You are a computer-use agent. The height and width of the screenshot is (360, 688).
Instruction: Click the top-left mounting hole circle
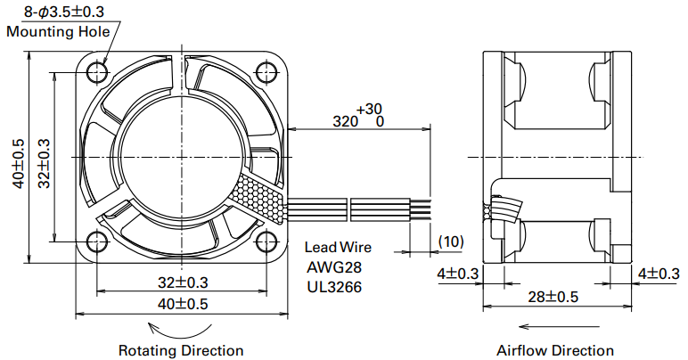[97, 72]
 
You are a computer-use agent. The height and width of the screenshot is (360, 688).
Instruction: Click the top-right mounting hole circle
[266, 72]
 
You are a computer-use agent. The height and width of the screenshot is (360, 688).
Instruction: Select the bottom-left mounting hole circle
[97, 241]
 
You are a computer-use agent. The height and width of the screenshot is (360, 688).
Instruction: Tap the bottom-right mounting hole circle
[266, 241]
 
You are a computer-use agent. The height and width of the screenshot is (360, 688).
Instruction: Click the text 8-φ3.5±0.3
[64, 12]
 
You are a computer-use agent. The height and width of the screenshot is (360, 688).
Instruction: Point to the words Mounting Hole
[58, 31]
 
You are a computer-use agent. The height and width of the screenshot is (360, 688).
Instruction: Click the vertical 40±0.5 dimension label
[19, 164]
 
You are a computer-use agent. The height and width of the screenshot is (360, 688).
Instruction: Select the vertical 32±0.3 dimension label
[44, 164]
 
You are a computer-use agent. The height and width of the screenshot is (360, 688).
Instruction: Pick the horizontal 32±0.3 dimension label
[183, 282]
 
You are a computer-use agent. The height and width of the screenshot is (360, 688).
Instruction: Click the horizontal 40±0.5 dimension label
[183, 304]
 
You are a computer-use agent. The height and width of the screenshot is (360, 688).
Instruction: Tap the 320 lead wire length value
[345, 121]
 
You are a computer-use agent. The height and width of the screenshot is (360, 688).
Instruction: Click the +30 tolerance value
[370, 109]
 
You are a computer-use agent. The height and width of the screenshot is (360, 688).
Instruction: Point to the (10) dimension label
[451, 241]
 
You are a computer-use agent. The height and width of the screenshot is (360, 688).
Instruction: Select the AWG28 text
[334, 267]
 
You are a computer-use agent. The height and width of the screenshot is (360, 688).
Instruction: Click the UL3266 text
[334, 287]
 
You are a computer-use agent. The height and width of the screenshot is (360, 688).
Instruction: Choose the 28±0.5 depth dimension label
[553, 297]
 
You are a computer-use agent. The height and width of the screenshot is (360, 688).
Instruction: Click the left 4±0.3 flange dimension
[458, 274]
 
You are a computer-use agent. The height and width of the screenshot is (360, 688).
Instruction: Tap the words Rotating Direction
[181, 350]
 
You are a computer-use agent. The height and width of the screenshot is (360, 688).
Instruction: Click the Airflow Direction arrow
[559, 327]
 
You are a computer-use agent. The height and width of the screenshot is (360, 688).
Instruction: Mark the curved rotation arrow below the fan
[180, 338]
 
